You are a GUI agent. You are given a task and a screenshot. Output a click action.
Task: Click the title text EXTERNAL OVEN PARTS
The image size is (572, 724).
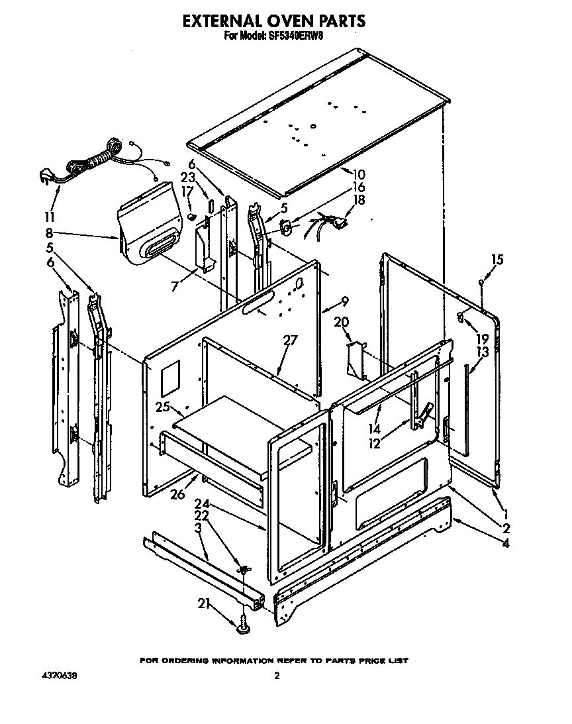[x=273, y=21]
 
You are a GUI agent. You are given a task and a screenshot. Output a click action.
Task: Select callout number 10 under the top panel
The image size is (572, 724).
[x=358, y=175]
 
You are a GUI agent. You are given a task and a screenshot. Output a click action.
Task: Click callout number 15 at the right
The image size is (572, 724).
[x=497, y=260]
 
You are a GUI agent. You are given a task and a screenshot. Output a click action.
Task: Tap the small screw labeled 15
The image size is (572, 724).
[x=481, y=284]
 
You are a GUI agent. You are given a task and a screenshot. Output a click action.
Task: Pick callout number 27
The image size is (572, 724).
[x=290, y=340]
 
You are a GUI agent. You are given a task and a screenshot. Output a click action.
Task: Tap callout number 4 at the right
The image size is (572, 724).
[x=506, y=544]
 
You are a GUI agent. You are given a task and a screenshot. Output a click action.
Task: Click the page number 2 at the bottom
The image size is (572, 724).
[x=277, y=676]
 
